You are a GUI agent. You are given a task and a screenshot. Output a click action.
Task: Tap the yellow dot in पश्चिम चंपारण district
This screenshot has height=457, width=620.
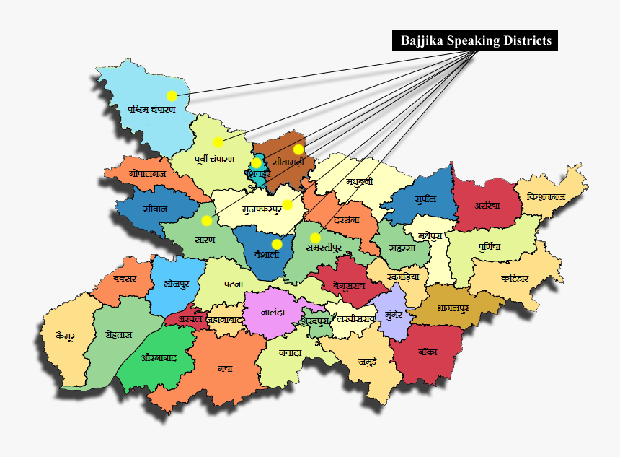point(172,95)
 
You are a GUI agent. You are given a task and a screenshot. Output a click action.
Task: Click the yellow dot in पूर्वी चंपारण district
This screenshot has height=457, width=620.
point(218,142)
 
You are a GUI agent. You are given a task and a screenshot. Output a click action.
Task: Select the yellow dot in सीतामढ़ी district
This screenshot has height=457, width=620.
point(298,149)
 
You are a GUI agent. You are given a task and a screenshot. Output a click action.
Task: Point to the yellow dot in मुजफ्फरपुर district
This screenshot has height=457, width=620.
point(287,205)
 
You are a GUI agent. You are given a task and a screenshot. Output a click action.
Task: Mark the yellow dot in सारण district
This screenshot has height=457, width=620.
point(207,220)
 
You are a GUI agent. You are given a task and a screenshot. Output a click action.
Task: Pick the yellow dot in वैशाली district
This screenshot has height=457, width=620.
point(277,244)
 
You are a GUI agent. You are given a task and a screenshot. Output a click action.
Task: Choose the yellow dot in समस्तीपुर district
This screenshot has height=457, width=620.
point(315,238)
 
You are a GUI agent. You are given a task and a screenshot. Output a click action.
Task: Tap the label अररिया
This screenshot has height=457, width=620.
point(487,205)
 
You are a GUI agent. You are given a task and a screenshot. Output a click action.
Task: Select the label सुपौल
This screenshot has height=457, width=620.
point(425,199)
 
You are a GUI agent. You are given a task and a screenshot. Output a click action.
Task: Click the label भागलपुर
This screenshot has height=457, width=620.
point(453,308)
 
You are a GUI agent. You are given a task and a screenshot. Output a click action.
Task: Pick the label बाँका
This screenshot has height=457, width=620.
point(427,352)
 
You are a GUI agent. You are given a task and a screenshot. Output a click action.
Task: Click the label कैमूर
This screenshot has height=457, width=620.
point(65,336)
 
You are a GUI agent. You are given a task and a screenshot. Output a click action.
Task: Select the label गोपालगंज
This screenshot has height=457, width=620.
point(148,175)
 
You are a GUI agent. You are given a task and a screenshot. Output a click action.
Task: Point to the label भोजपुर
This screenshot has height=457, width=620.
point(176,283)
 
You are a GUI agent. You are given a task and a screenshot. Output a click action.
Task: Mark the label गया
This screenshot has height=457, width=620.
point(225,368)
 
